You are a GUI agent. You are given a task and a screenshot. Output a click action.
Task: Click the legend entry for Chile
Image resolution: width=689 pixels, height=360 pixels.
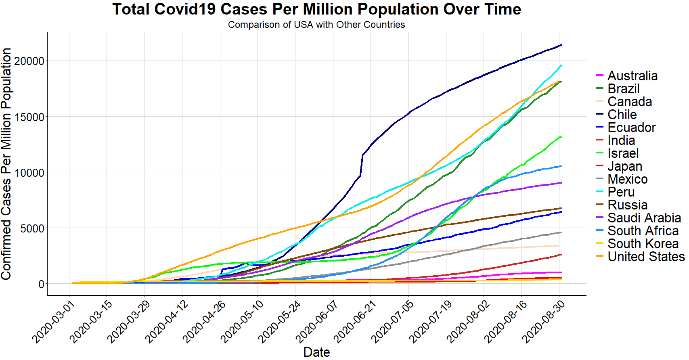coord(622,115)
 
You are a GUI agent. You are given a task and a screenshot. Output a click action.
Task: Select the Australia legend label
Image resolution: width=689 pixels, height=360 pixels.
coord(632,76)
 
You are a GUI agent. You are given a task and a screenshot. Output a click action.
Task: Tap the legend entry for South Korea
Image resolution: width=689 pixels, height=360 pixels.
coord(643,244)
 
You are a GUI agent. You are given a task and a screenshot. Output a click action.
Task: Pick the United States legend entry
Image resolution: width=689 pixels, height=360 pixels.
coord(646,257)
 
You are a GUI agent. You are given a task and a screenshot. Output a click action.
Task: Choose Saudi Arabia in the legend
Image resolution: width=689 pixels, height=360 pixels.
coord(644,218)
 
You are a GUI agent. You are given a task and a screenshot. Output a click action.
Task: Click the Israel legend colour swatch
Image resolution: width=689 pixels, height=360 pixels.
coord(600,153)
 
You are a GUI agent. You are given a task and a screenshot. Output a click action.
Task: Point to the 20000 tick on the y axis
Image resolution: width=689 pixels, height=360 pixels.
coord(29,61)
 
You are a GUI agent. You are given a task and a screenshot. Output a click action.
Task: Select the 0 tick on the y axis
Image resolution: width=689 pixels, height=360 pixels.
coord(41,284)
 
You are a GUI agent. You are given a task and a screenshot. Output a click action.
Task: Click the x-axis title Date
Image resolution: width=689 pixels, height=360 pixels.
coord(316,352)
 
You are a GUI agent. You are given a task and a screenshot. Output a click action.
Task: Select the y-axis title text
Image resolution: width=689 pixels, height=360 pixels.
coord(6,163)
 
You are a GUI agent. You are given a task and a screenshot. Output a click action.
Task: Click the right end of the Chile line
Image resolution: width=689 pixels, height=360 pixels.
coord(561,45)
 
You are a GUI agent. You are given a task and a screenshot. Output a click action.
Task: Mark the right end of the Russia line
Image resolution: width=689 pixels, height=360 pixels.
coord(561,208)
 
